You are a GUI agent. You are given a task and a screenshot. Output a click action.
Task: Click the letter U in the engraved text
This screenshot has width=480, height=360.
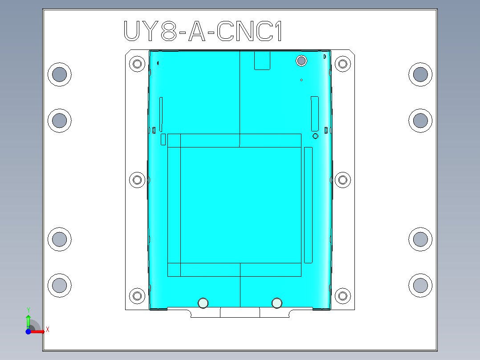coord(132,31)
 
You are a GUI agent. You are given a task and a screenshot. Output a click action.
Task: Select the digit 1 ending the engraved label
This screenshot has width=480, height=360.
coord(278,31)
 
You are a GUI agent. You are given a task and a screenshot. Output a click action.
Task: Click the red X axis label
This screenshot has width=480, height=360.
coord(47,329)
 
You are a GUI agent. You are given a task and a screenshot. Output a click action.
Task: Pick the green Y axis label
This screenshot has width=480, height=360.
coord(28,310)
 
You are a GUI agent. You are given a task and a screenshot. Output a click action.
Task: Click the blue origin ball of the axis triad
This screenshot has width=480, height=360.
coord(28,331)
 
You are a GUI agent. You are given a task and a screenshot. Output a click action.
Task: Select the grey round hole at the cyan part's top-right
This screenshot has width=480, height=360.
coord(301,60)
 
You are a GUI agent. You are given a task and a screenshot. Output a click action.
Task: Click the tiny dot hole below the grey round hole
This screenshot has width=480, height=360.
coord(301,80)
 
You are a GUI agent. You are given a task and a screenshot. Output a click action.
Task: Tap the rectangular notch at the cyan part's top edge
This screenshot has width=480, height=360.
coord(262,60)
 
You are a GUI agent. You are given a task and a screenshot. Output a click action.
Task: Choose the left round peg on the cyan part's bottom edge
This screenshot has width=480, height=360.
coord(203,303)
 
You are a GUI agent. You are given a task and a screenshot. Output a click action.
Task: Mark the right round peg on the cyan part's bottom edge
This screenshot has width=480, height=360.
coord(277,303)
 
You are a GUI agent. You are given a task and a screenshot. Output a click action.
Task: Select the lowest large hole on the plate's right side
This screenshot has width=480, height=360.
coord(420,285)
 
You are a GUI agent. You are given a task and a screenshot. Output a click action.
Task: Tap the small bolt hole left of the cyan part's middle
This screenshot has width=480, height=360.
coord(137,180)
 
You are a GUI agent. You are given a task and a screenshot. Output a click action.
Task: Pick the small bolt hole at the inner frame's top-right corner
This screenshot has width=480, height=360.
coord(342,63)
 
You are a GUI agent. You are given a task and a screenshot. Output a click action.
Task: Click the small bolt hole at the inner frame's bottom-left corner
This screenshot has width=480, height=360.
coord(137,295)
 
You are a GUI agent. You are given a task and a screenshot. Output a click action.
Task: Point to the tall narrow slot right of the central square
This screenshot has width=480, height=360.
coord(308,205)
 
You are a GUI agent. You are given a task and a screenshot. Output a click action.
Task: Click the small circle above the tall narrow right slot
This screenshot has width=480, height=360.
coord(315,135)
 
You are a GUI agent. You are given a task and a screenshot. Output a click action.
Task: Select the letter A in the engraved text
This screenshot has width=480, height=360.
coord(196,31)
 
